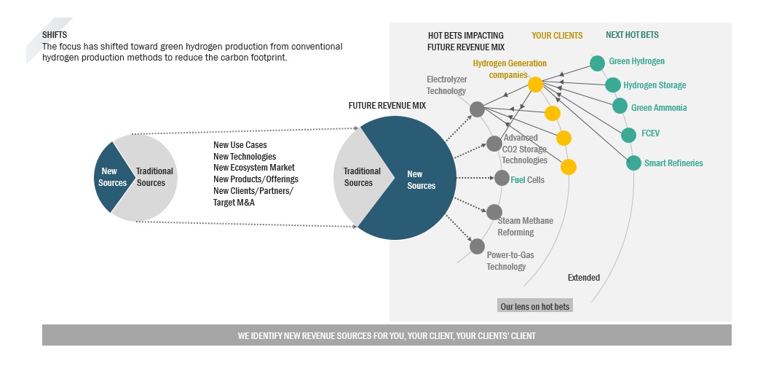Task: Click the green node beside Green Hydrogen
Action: point(597,63)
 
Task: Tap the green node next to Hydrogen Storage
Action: point(613,85)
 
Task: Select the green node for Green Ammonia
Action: point(620,106)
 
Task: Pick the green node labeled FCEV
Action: point(628,135)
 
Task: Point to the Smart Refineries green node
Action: point(633,163)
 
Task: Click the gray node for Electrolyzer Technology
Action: point(477,109)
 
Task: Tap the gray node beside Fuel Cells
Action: point(502,178)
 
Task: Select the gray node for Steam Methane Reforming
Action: point(494,212)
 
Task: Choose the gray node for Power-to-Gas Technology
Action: point(477,246)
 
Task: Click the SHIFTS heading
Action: point(55,35)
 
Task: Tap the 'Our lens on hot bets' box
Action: point(535,306)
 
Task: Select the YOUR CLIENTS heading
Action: point(557,35)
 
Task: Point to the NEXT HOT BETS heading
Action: point(632,35)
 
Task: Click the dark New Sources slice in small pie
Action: point(111,177)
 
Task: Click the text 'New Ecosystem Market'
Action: point(253,168)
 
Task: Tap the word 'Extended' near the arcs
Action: point(584,278)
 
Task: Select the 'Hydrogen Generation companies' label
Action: point(510,69)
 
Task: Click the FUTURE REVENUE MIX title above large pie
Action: point(387,106)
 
